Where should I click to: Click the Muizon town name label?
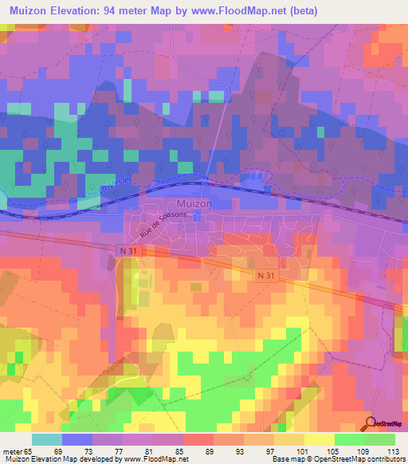pyautogui.click(x=194, y=203)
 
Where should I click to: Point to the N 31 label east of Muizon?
pyautogui.click(x=267, y=274)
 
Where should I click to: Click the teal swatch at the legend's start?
pyautogui.click(x=46, y=439)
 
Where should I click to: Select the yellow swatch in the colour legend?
pyautogui.click(x=320, y=439)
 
